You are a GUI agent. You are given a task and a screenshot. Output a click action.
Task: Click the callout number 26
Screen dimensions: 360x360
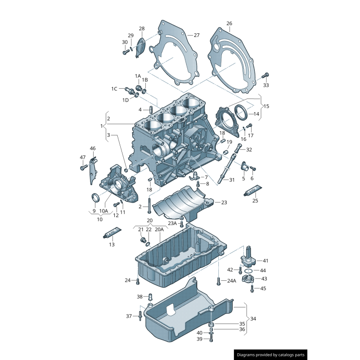229,23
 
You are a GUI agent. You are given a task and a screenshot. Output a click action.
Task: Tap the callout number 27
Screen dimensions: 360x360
196,35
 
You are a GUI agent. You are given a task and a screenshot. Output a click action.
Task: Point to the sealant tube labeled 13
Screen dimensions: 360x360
112,234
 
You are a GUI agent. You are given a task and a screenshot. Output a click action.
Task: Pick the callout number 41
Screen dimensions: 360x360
265,261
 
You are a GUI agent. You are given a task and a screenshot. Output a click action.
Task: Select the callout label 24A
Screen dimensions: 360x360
231,280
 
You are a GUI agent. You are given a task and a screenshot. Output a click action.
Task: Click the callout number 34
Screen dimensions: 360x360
253,319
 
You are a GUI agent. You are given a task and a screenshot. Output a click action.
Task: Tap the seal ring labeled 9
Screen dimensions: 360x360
94,198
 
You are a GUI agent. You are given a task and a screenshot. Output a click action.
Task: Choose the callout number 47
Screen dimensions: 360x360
83,157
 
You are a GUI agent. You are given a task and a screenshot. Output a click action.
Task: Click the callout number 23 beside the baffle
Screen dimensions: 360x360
224,202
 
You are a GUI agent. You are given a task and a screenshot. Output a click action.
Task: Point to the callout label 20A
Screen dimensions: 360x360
159,229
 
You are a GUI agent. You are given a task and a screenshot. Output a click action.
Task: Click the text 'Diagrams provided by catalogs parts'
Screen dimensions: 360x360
271,355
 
